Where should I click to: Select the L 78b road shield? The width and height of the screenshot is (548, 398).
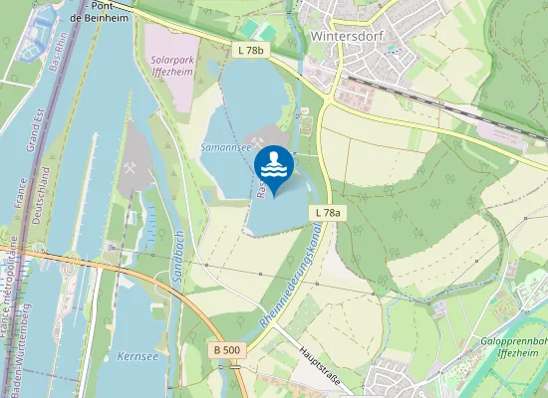tap(251, 50)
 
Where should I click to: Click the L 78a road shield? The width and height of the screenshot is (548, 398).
tap(328, 213)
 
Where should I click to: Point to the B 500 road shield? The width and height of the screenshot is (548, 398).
tap(227, 350)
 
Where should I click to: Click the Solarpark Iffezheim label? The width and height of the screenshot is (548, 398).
tap(169, 65)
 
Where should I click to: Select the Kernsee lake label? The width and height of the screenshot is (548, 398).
tap(137, 355)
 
